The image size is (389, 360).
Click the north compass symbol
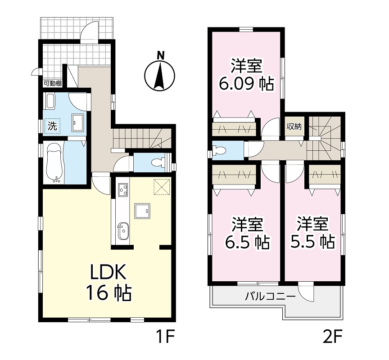point(160,74)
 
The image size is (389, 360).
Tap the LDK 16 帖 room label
point(109,283)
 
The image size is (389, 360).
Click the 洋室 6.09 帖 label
point(246,74)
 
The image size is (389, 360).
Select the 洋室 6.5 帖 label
point(247,233)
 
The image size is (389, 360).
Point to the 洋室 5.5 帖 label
point(313,233)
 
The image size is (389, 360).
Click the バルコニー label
point(271,297)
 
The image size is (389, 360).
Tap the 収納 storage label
point(294,127)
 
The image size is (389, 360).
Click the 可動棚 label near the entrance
point(53,84)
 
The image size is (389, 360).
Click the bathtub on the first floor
point(54,162)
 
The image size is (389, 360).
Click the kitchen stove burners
point(123,189)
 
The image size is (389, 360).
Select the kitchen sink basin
point(123,231)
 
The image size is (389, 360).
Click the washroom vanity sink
point(77,123)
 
